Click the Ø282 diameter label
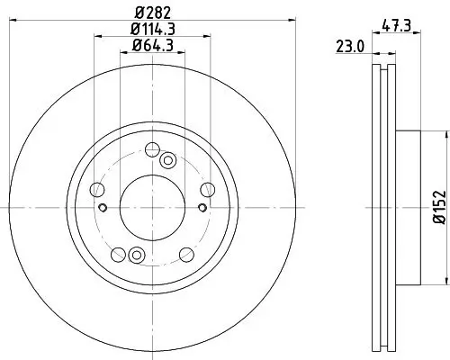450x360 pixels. coord(151,12)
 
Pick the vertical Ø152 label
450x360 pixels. coord(438,206)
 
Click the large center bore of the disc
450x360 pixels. coord(151,206)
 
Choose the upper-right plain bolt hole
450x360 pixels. coord(207,188)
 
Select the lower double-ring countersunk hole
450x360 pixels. coord(136,253)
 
